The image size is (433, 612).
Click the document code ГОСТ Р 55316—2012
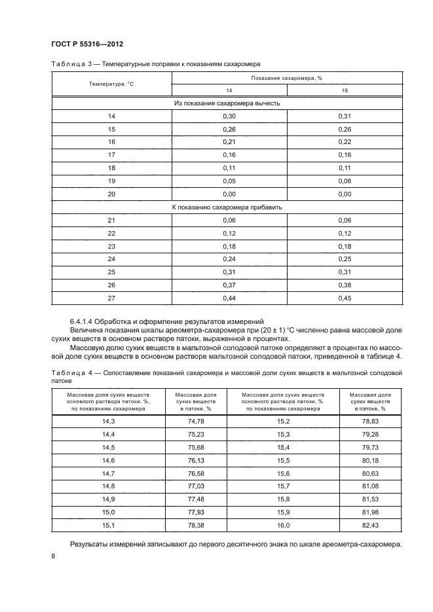(88, 44)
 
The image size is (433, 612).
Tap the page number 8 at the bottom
(54, 556)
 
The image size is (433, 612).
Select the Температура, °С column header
(111, 84)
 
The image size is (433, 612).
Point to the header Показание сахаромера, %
(287, 78)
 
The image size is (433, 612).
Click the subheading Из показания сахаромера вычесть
(227, 103)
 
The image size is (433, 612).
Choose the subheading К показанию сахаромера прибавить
(227, 207)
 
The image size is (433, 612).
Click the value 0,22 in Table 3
(345, 141)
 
